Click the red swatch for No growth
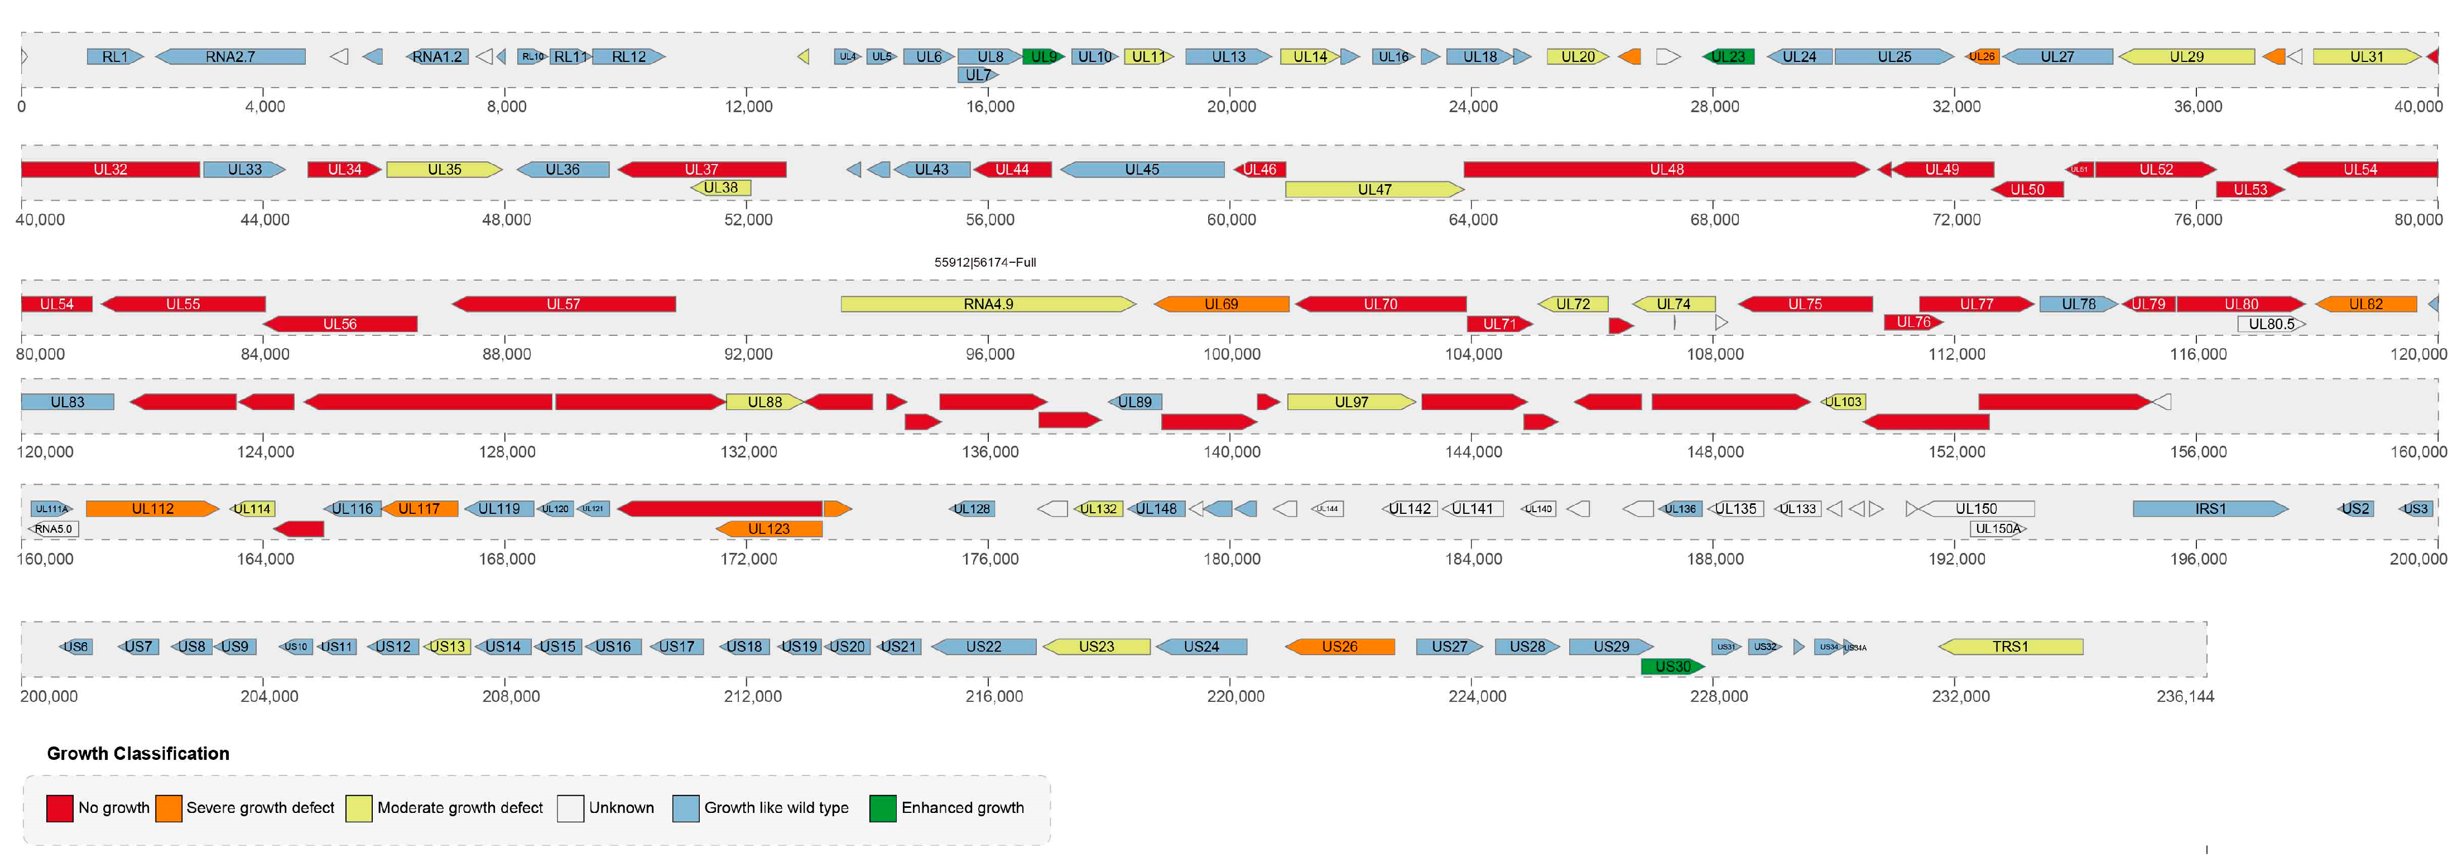59,808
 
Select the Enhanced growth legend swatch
882,808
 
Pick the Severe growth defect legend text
260,808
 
